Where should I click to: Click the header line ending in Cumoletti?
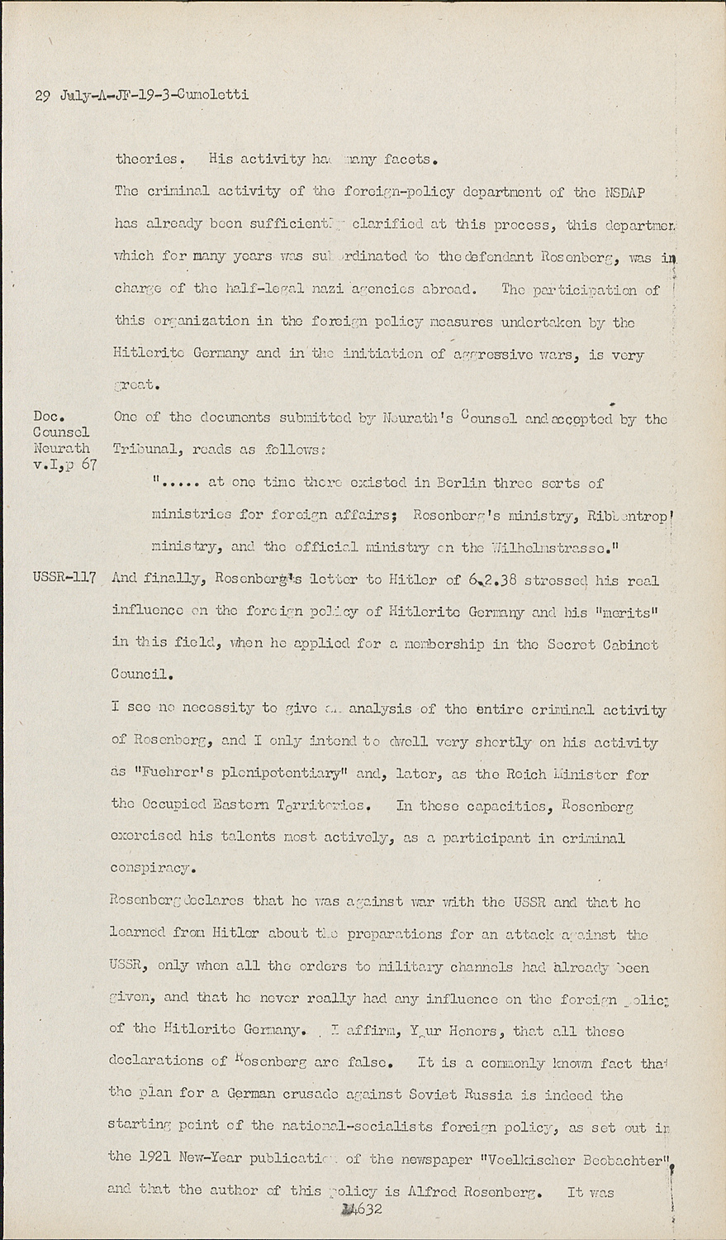click(x=141, y=95)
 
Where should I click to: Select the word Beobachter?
click(x=620, y=1159)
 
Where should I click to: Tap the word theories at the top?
click(x=146, y=159)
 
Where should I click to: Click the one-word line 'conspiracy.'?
click(x=153, y=869)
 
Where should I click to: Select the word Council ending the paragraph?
click(x=141, y=673)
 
